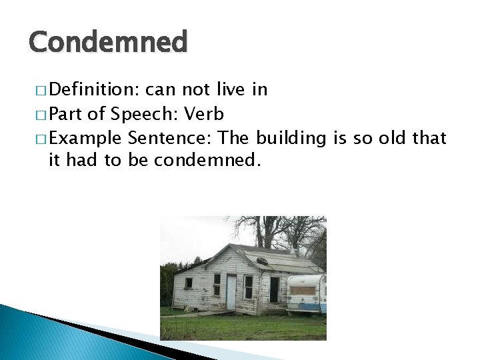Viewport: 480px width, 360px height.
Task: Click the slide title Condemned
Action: click(108, 43)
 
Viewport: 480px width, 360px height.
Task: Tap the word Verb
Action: click(205, 114)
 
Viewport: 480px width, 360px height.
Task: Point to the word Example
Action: click(85, 139)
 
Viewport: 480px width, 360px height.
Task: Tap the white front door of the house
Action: click(231, 291)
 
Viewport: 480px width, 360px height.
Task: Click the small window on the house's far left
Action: click(189, 283)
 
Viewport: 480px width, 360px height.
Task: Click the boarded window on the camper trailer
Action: click(303, 290)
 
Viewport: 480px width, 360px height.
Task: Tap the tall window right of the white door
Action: click(248, 287)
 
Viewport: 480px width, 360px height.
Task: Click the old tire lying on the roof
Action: click(263, 261)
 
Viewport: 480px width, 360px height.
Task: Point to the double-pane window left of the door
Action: click(217, 285)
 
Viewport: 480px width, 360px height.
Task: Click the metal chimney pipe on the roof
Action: click(293, 251)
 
